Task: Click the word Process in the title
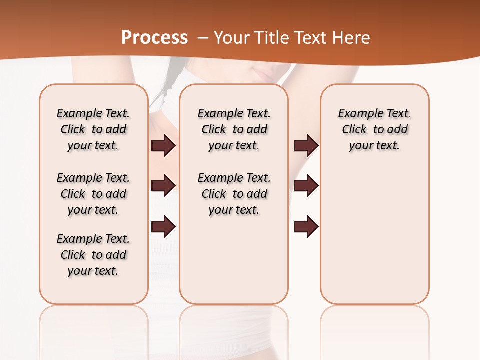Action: coord(154,37)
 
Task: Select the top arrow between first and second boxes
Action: coord(163,146)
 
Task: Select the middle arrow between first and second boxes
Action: coord(163,185)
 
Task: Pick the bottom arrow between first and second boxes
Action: coord(163,227)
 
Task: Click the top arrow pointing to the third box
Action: coord(306,146)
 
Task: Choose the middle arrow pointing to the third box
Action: coord(306,185)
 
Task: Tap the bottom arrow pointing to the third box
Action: coord(306,227)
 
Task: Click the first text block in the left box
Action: coord(93,129)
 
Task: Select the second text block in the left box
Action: coord(93,194)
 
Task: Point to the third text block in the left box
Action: coord(93,255)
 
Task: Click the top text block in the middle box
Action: coord(234,129)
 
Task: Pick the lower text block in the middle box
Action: coord(234,194)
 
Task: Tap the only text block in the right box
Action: coord(374,129)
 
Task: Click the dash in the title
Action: coord(202,38)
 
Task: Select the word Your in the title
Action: coord(232,37)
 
